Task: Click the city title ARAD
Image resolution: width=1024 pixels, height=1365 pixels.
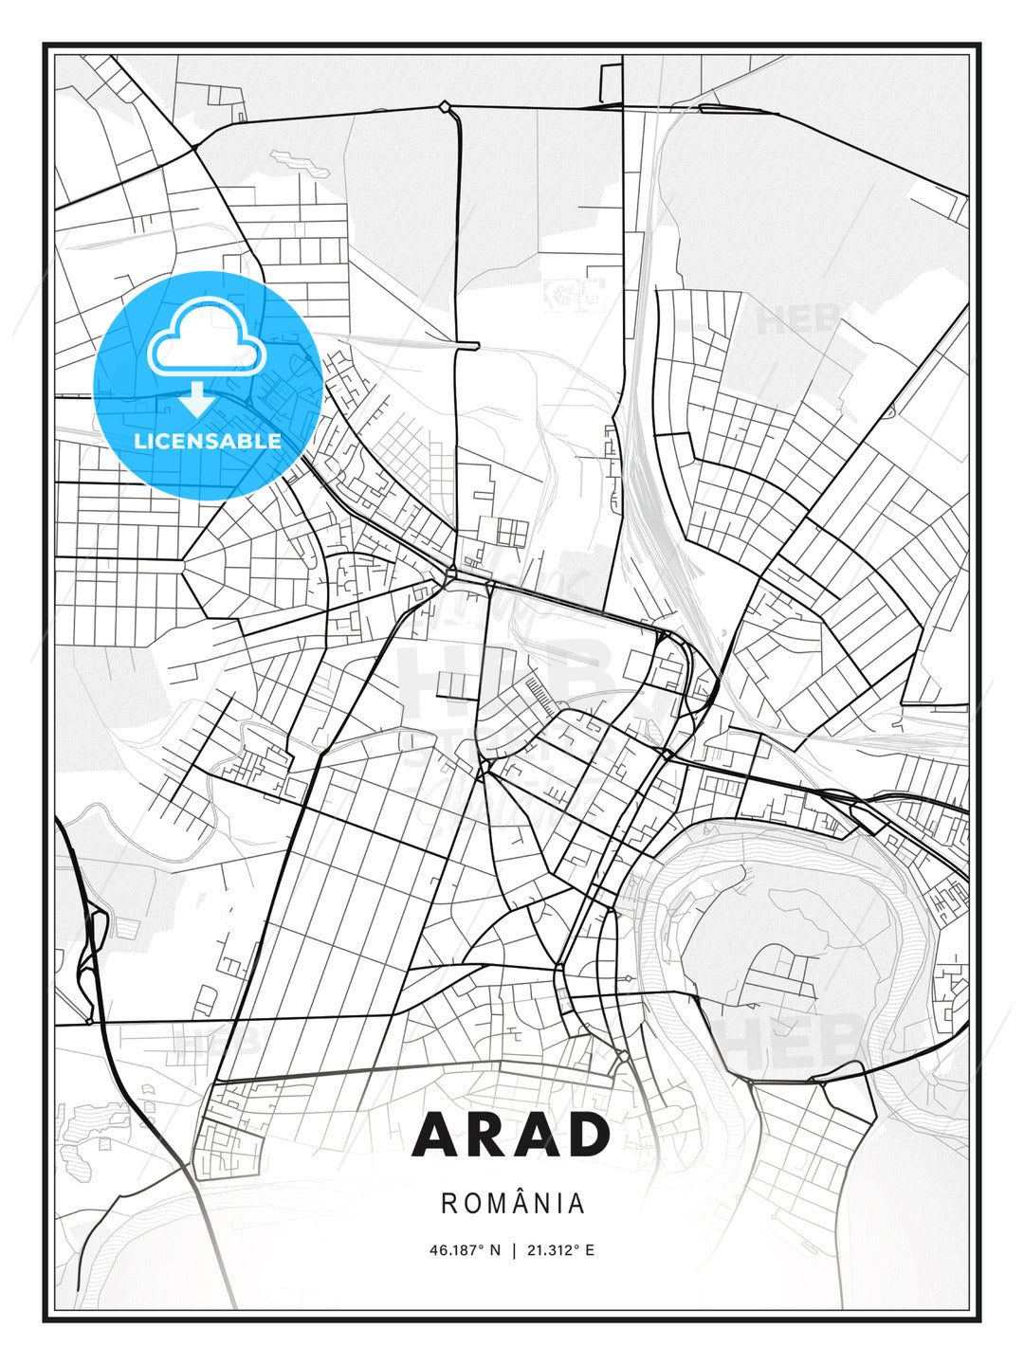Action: coord(512,1134)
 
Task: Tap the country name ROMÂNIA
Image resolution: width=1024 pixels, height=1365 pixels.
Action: coord(513,1203)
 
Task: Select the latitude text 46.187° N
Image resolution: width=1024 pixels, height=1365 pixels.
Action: coord(465,1250)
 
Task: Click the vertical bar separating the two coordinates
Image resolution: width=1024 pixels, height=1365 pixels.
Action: coord(513,1250)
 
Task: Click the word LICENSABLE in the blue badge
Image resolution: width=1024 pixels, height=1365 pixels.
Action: coord(208,441)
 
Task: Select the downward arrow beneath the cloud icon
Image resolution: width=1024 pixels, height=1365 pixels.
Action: coord(197,399)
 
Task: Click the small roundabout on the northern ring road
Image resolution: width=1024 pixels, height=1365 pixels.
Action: coord(444,106)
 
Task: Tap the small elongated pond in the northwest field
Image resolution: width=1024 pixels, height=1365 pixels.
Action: coord(301,163)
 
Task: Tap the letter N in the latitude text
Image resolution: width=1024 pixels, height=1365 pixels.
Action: coord(494,1250)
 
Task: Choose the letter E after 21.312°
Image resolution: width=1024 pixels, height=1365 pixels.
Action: coord(590,1250)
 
